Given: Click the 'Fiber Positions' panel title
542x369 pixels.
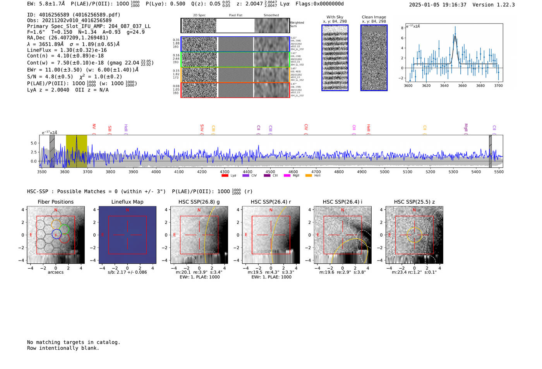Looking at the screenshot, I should pyautogui.click(x=55, y=202).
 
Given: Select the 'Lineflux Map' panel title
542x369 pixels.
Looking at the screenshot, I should pyautogui.click(x=127, y=202).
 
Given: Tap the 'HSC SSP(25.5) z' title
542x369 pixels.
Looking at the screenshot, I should pyautogui.click(x=414, y=202).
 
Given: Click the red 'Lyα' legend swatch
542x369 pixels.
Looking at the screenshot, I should pyautogui.click(x=225, y=175).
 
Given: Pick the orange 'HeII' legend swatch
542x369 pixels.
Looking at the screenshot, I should pyautogui.click(x=309, y=175).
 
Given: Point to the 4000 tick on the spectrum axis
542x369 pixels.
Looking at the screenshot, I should pyautogui.click(x=156, y=172).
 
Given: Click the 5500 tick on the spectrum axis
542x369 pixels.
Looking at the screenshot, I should pyautogui.click(x=499, y=172).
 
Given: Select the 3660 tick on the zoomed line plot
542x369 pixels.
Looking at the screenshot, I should pyautogui.click(x=462, y=86).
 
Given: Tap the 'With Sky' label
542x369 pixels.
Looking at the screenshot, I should pyautogui.click(x=335, y=17).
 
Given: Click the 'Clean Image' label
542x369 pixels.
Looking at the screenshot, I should pyautogui.click(x=374, y=17).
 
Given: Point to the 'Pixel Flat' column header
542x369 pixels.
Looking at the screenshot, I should pyautogui.click(x=235, y=15).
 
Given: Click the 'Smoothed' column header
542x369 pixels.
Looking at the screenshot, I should pyautogui.click(x=271, y=15).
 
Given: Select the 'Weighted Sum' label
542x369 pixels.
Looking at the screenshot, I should pyautogui.click(x=297, y=24).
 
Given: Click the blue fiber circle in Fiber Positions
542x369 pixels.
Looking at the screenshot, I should pyautogui.click(x=57, y=234).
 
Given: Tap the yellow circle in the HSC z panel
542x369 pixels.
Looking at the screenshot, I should pyautogui.click(x=414, y=235).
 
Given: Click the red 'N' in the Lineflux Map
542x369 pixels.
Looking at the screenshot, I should pyautogui.click(x=127, y=210).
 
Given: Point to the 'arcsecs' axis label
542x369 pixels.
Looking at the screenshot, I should pyautogui.click(x=55, y=272).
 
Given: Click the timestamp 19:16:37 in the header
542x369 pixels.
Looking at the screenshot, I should pyautogui.click(x=453, y=5).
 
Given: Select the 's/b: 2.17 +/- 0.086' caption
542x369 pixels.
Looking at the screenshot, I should pyautogui.click(x=127, y=272).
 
